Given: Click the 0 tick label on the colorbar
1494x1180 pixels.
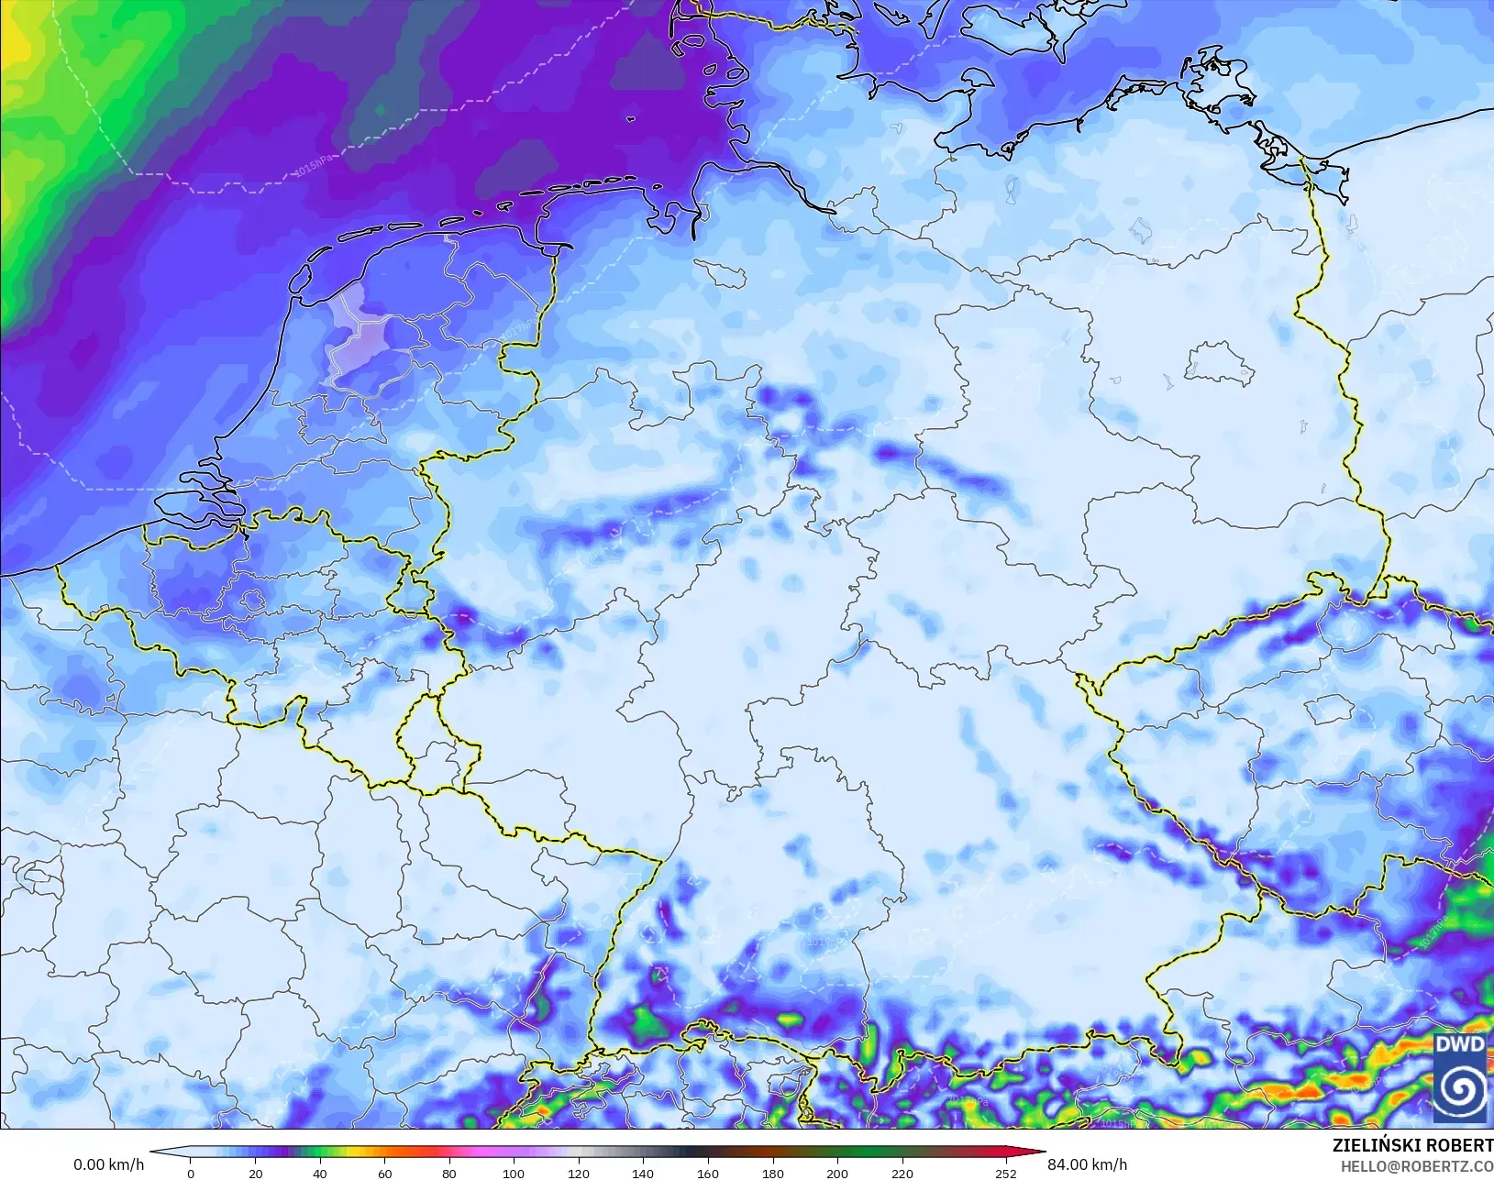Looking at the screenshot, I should click(x=191, y=1173).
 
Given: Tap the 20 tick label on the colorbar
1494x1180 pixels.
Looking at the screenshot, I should click(x=256, y=1173).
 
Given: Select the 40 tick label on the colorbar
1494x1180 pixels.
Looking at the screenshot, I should click(x=320, y=1173).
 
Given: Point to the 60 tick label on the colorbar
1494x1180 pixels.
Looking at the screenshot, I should click(x=385, y=1173).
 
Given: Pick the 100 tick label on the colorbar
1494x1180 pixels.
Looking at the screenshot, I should click(x=514, y=1173).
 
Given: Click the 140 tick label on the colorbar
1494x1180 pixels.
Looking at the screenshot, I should click(x=643, y=1173).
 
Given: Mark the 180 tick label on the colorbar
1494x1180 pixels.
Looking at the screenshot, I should click(x=772, y=1173).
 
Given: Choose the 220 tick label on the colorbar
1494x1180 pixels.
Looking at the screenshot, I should click(x=902, y=1173).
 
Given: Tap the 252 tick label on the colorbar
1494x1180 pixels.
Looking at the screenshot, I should click(x=1006, y=1173).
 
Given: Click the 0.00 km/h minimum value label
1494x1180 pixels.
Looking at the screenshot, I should click(x=108, y=1164).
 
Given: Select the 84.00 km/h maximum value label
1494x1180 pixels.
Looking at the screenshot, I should click(x=1087, y=1164).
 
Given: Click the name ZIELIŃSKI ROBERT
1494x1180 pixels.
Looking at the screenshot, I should click(x=1412, y=1146).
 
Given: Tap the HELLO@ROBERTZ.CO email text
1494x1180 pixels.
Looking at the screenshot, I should click(x=1417, y=1166).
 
